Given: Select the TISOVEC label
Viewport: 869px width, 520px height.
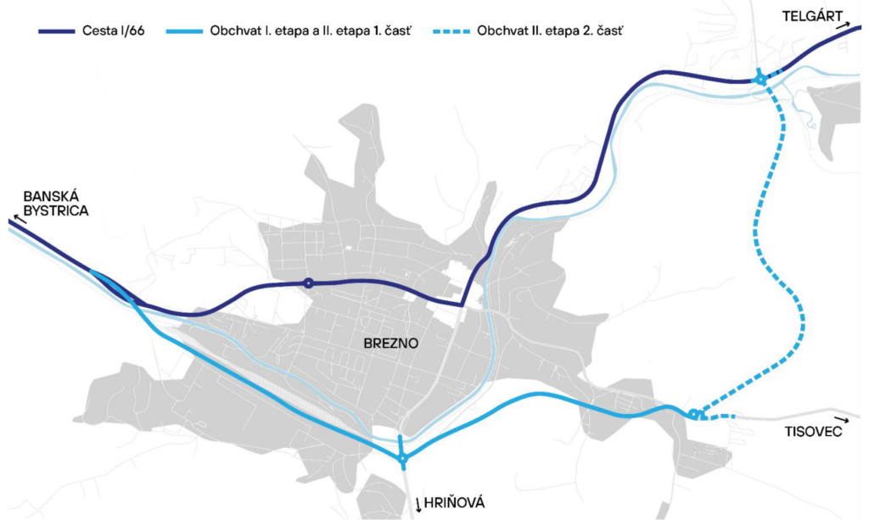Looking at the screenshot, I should (x=812, y=433).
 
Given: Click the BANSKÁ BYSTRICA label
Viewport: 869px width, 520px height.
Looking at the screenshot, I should (x=56, y=203).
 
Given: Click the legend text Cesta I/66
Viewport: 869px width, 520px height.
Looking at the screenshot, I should (x=121, y=32).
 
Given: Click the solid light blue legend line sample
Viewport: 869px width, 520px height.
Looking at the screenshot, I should (x=181, y=32).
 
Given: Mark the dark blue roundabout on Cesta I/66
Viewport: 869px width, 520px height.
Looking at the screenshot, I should (x=309, y=283).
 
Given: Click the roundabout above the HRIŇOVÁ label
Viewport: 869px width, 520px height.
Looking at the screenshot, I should (x=402, y=459).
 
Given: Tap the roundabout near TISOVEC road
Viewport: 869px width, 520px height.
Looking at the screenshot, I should (x=693, y=414).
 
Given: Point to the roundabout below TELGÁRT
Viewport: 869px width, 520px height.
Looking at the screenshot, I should (x=760, y=79).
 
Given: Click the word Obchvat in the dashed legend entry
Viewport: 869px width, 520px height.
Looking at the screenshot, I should (x=502, y=32).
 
